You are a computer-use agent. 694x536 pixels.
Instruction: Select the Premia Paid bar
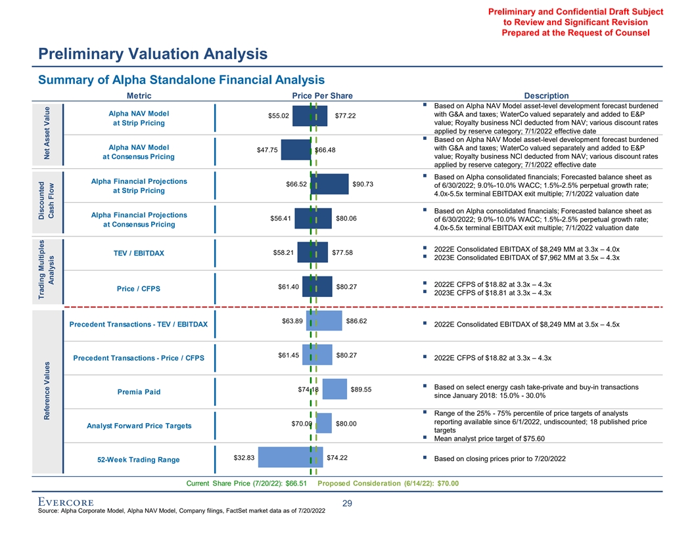click(335, 389)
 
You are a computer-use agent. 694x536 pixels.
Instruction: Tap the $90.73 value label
click(363, 184)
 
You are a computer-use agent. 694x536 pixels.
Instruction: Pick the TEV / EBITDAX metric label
click(139, 254)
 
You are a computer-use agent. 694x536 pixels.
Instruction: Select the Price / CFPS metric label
click(139, 288)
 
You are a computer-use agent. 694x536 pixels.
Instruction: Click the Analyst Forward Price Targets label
click(139, 426)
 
